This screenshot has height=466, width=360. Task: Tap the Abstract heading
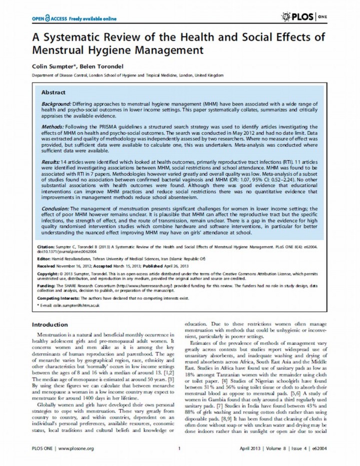point(52,93)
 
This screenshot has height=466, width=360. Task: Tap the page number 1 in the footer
point(178,448)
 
